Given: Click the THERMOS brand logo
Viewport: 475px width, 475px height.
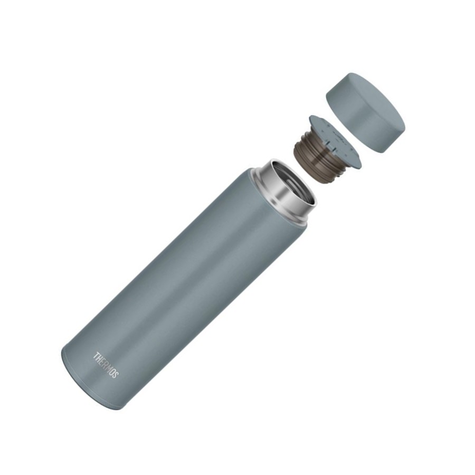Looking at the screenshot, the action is pyautogui.click(x=106, y=365).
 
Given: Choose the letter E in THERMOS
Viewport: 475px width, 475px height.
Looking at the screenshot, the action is pyautogui.click(x=102, y=362).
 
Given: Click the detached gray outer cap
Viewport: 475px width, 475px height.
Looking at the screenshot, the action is pyautogui.click(x=365, y=112).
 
